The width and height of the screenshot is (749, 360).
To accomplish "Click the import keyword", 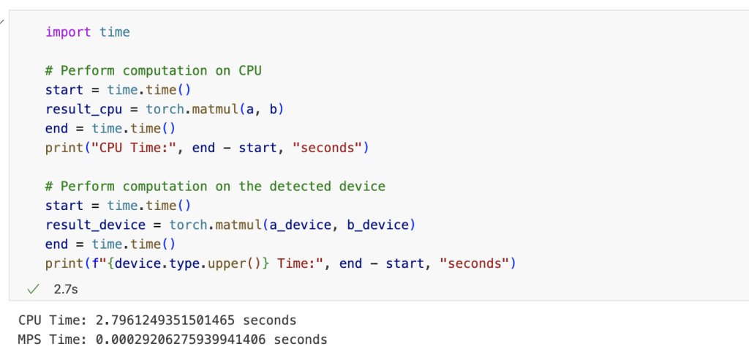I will (68, 32).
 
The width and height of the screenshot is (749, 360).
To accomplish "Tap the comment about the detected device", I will (215, 187).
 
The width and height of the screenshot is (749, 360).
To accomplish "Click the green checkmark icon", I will (32, 289).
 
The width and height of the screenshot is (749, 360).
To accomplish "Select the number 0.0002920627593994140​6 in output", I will (181, 340).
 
